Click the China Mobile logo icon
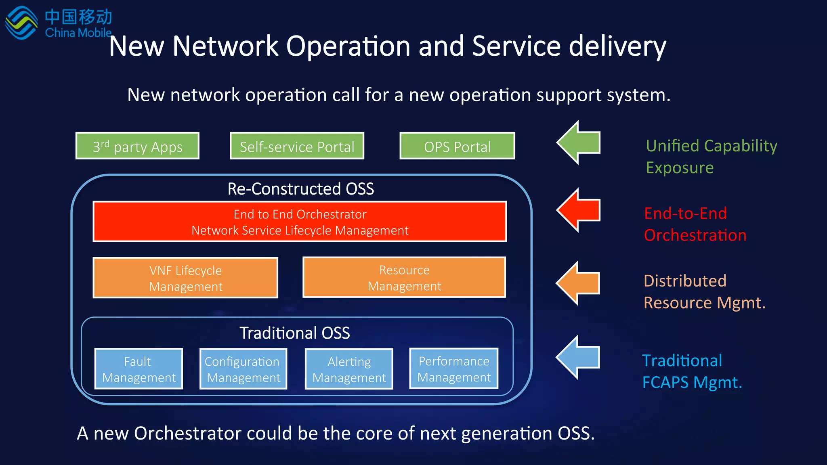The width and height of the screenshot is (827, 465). point(21,23)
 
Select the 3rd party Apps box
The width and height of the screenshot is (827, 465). point(137,146)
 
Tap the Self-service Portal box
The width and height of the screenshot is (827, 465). point(297,146)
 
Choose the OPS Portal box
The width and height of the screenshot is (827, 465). point(457,146)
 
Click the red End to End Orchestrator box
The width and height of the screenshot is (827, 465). point(300,222)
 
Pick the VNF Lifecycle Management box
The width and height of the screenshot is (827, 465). point(185,278)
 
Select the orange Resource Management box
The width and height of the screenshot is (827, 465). point(404,277)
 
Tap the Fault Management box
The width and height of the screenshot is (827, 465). point(139,369)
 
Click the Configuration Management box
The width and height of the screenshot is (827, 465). point(243,369)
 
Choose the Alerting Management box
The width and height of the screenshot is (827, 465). point(349,369)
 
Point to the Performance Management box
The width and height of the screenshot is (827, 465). point(454,369)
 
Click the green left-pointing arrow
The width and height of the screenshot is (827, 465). point(578,142)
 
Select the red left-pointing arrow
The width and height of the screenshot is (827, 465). point(578,210)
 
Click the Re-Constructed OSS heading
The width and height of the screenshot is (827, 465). point(300,189)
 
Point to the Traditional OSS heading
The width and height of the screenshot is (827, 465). point(294,333)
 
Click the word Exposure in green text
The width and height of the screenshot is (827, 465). point(680,168)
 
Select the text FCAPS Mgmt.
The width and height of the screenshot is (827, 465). point(692,382)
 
